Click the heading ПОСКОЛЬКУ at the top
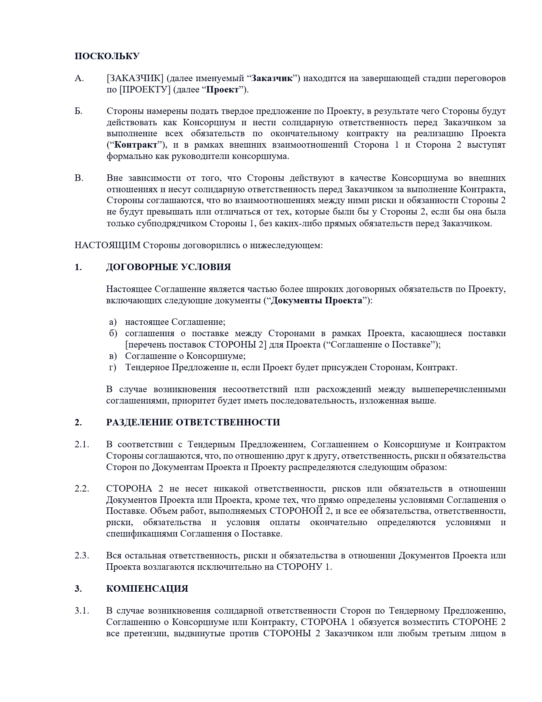[x=107, y=56]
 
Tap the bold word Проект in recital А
[x=223, y=90]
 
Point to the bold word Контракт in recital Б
[x=136, y=145]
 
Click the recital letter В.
[x=79, y=178]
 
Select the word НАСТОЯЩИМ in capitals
[x=108, y=245]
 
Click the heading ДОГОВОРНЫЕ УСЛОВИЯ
[x=168, y=267]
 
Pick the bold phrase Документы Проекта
[x=316, y=301]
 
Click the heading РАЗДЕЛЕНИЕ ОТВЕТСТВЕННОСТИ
[x=193, y=423]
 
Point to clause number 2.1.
[x=82, y=444]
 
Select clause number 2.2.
[x=82, y=489]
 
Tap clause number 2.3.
[x=82, y=556]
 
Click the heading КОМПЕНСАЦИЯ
[x=147, y=589]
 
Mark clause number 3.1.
[x=82, y=611]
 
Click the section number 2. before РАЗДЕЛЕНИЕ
[x=78, y=423]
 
